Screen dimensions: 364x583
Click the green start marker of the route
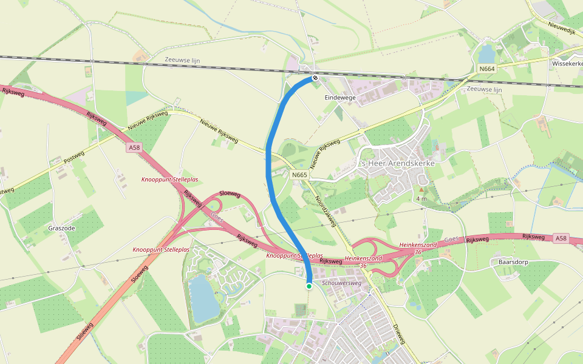pyautogui.click(x=309, y=286)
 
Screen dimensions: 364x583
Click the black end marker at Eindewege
pyautogui.click(x=315, y=78)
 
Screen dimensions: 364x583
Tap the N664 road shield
pyautogui.click(x=487, y=69)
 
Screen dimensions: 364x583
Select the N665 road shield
pyautogui.click(x=300, y=175)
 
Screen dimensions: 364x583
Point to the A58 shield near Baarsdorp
pyautogui.click(x=562, y=239)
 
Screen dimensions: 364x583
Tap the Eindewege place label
pyautogui.click(x=340, y=97)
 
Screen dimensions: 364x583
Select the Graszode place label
pyautogui.click(x=61, y=228)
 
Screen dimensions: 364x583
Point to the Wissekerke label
pyautogui.click(x=567, y=63)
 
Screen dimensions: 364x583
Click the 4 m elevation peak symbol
pyautogui.click(x=421, y=190)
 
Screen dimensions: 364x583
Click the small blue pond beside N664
pyautogui.click(x=486, y=54)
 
